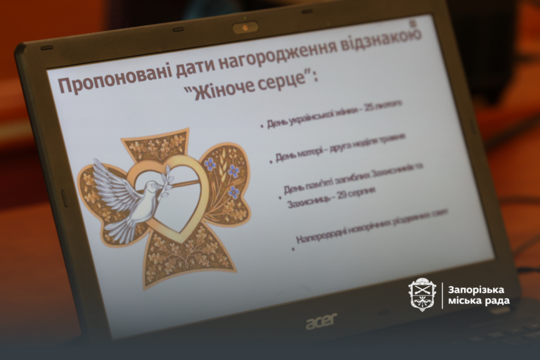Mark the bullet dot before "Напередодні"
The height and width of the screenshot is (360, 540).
pyautogui.click(x=292, y=246)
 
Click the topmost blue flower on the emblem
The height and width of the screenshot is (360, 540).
pyautogui.click(x=210, y=164)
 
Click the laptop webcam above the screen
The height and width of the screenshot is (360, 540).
pyautogui.click(x=245, y=28)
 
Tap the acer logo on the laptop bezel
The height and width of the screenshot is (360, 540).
pyautogui.click(x=321, y=321)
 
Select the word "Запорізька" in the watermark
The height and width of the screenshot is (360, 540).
pyautogui.click(x=479, y=289)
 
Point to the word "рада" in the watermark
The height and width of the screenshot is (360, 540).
pyautogui.click(x=496, y=302)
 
